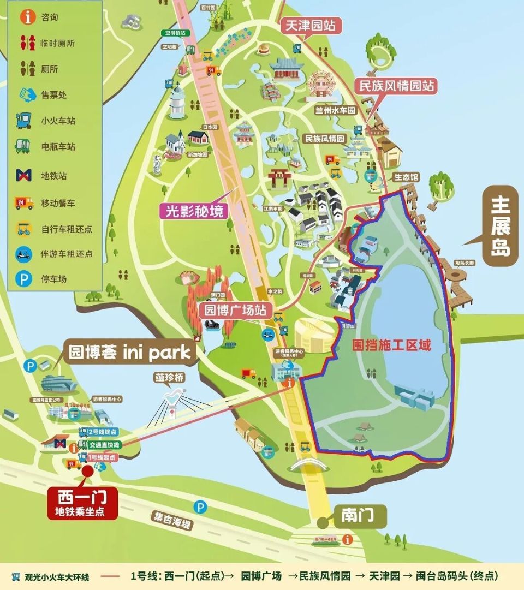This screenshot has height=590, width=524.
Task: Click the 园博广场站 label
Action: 235,311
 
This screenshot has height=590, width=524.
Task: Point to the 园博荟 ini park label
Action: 130,352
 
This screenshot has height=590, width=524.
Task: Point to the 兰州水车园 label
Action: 335,110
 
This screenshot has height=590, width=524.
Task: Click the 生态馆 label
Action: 406,177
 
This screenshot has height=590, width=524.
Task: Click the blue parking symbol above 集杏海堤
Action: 201,508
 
